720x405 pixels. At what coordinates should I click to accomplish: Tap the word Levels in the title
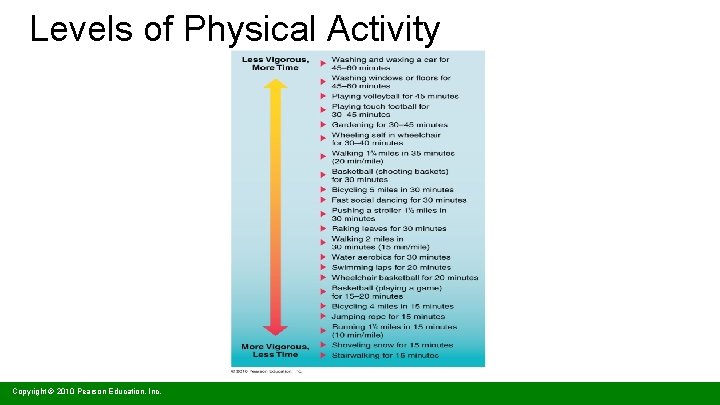coord(78,30)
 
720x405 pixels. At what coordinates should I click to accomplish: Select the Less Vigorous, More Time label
coord(275,63)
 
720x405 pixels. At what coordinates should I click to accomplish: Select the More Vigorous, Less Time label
coord(275,350)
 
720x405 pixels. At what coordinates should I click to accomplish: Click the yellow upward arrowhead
coord(275,86)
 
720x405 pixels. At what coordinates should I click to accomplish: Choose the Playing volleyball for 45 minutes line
coord(394,96)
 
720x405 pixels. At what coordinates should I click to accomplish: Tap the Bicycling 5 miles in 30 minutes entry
coord(392,189)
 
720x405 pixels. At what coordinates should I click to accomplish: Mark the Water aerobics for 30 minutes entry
coord(391,258)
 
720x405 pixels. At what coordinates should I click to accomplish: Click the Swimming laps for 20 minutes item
coord(391,268)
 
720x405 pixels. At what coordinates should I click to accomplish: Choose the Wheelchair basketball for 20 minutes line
coord(404,278)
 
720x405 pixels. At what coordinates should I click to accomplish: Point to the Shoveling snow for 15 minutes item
coord(392,345)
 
